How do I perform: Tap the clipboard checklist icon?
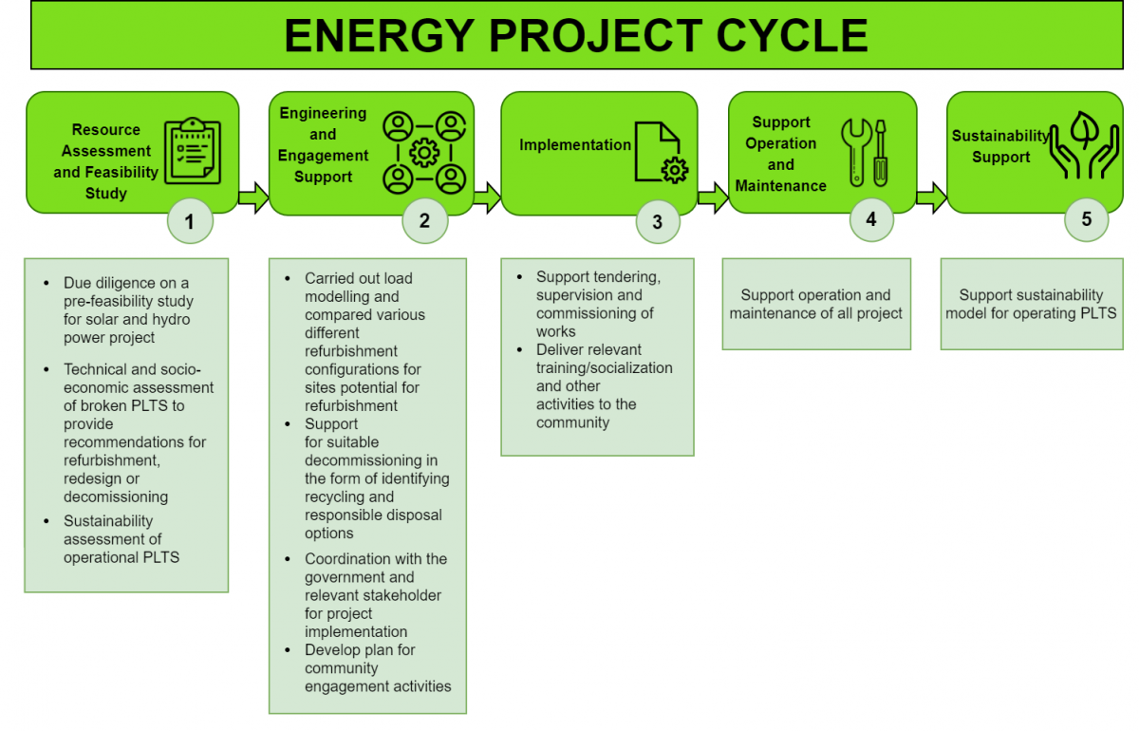tap(193, 152)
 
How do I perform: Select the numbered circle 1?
tap(190, 222)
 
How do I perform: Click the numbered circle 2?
tap(423, 221)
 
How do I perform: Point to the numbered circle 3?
tap(658, 223)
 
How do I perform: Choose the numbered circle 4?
tap(871, 220)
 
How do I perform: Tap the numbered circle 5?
tap(1086, 219)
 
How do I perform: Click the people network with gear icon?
tap(423, 152)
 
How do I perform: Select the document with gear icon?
tap(661, 152)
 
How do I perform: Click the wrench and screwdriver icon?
tap(865, 152)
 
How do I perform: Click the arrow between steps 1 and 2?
tap(253, 197)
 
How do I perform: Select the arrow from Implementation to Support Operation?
tap(713, 197)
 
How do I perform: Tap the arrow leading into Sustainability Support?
tap(932, 197)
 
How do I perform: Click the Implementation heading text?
tap(575, 145)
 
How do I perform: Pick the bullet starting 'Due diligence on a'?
tap(128, 310)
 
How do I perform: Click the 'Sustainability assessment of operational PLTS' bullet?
tap(121, 539)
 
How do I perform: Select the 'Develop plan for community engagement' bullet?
tap(377, 668)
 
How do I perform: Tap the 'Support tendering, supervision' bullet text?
tap(598, 304)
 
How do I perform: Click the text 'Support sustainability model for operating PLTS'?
tap(1031, 304)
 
